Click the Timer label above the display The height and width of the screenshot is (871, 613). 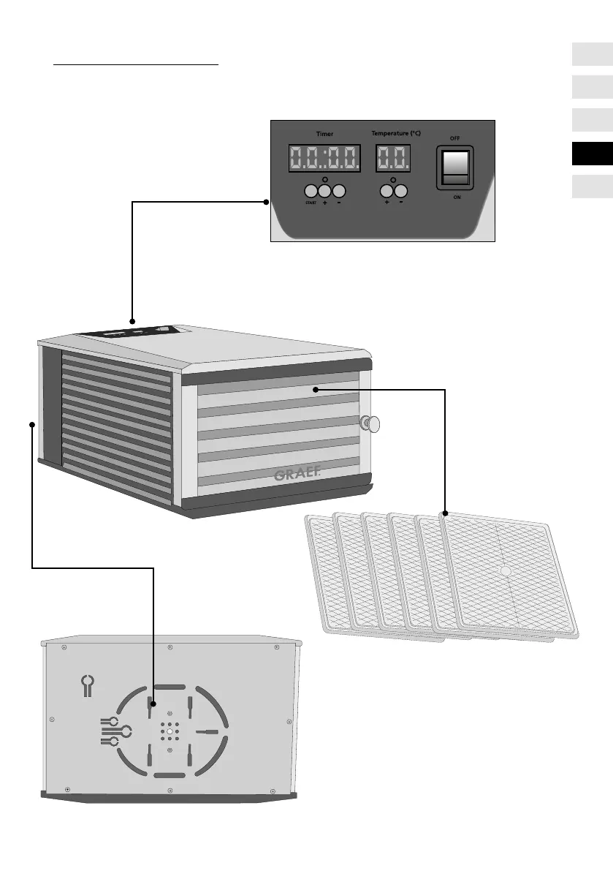(324, 135)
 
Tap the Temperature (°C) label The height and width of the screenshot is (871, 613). (395, 135)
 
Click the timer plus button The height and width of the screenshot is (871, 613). (324, 191)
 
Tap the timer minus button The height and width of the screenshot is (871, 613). (338, 191)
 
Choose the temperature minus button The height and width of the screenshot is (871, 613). (401, 191)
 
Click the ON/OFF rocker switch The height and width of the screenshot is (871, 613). (455, 168)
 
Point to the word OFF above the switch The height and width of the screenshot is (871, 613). (454, 137)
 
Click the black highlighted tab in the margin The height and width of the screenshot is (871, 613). (592, 154)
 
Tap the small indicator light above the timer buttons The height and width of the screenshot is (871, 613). (324, 178)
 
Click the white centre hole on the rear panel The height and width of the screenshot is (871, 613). (169, 731)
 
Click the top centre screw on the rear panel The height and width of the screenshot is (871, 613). (170, 647)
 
